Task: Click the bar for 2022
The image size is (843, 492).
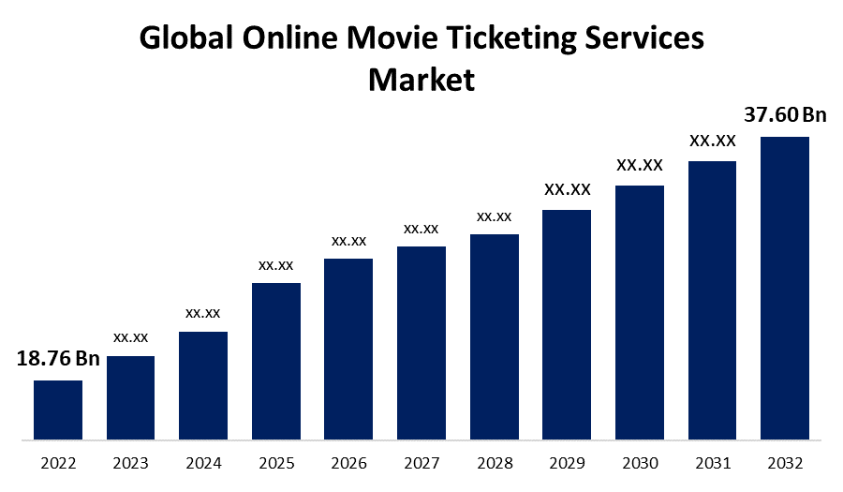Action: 58,410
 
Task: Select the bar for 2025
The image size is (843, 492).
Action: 276,361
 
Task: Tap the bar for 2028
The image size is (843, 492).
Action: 495,336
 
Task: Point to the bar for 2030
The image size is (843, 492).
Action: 640,312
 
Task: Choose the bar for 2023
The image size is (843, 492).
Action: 130,397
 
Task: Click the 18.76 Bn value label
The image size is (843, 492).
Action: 58,359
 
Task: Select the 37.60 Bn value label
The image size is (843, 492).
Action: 785,115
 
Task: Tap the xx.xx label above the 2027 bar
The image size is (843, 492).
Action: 421,228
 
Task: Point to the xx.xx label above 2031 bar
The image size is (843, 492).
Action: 713,142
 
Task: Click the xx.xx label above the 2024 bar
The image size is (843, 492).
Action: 203,312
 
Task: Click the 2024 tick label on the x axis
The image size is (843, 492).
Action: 203,463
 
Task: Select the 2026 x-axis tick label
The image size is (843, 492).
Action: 348,463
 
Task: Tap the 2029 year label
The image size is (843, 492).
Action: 567,463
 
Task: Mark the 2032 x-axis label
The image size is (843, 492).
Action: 784,463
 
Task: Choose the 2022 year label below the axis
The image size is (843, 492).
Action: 58,463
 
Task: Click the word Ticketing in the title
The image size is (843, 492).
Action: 511,38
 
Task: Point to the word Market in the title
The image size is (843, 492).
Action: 421,79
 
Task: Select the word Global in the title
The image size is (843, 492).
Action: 188,38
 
